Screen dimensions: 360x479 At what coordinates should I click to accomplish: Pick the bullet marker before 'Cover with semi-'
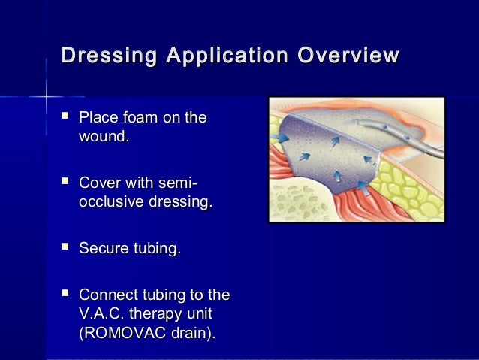coord(65,183)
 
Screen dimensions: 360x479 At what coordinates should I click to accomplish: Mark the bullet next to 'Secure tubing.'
coord(65,248)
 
